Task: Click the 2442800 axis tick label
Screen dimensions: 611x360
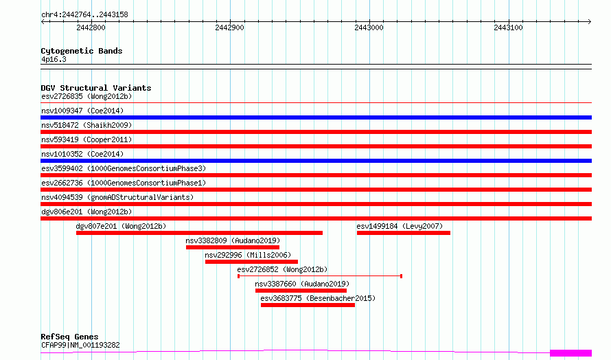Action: click(91, 27)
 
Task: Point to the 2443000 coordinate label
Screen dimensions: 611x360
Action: click(369, 27)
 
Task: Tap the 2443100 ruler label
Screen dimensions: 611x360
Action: click(508, 27)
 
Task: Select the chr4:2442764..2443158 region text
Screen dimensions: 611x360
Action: click(84, 15)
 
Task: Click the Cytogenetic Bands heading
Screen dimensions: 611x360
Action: click(82, 51)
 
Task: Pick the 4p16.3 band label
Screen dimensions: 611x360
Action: click(54, 59)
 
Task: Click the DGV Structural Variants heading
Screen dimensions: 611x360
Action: click(96, 88)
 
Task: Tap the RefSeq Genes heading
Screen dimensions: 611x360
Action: click(70, 337)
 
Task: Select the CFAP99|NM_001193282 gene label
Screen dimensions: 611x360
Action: click(80, 345)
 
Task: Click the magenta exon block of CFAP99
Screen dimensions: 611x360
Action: click(571, 353)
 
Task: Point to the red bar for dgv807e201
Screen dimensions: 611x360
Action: click(199, 233)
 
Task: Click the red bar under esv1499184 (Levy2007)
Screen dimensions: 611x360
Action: click(403, 233)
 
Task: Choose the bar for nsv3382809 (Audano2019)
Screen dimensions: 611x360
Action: click(233, 247)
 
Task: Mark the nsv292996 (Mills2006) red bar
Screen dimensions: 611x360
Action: click(251, 262)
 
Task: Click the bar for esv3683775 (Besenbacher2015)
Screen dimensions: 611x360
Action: click(308, 305)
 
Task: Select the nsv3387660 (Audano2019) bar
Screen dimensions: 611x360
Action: click(301, 291)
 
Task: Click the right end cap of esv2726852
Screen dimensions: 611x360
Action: click(402, 276)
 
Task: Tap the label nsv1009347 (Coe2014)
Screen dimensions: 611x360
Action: click(82, 111)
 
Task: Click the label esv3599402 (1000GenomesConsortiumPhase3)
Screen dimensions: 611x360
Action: click(124, 168)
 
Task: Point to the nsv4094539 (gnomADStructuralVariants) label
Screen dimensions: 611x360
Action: click(117, 197)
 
